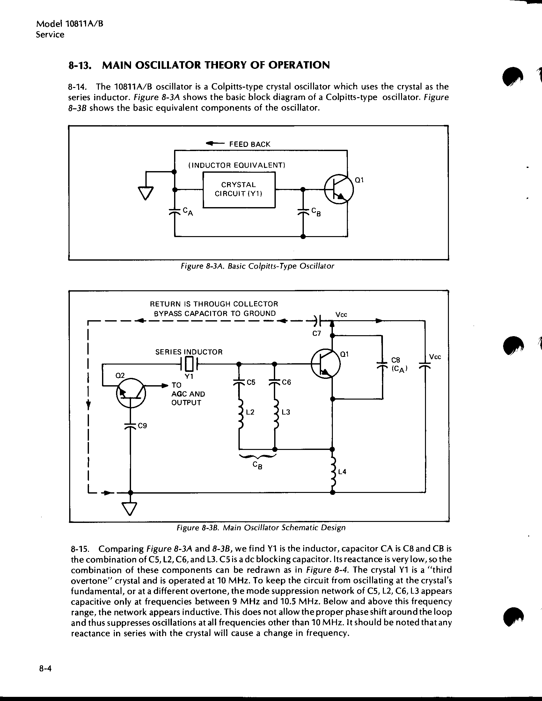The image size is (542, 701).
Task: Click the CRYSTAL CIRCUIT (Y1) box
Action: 239,190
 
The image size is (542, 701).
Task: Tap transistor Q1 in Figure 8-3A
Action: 339,190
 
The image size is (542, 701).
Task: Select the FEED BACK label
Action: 250,144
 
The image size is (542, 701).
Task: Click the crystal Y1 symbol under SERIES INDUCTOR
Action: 189,364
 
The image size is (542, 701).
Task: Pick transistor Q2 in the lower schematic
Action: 131,393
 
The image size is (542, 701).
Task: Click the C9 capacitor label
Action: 143,426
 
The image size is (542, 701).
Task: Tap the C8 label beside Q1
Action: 396,360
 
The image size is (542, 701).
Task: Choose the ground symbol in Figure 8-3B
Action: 130,509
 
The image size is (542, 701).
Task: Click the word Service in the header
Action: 50,35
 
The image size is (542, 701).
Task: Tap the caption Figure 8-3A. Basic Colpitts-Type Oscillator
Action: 258,266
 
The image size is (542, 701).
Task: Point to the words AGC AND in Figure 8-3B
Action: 188,394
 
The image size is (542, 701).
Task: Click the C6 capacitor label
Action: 286,382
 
